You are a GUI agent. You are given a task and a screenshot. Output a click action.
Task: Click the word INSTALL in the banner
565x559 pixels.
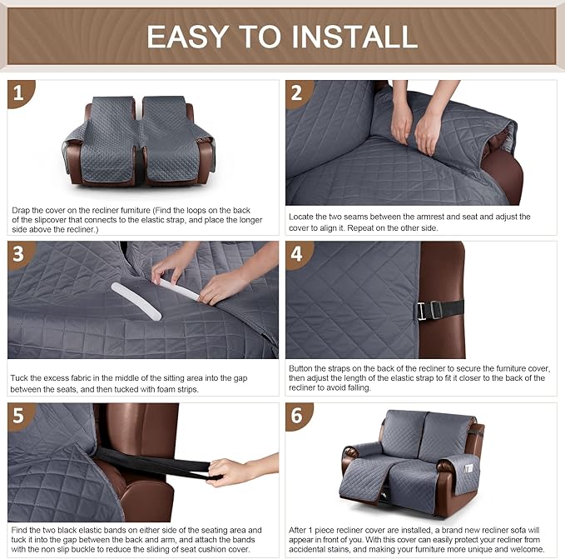352,36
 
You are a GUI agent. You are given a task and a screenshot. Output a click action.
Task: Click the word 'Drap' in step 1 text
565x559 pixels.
22,210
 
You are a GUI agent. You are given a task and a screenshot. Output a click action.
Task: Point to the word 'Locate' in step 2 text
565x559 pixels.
302,217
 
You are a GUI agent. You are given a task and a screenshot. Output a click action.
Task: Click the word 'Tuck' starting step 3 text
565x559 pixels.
21,378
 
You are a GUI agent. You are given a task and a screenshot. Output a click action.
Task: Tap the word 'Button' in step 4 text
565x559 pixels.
302,367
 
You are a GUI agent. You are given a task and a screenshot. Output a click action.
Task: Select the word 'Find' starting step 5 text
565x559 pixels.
21,530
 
